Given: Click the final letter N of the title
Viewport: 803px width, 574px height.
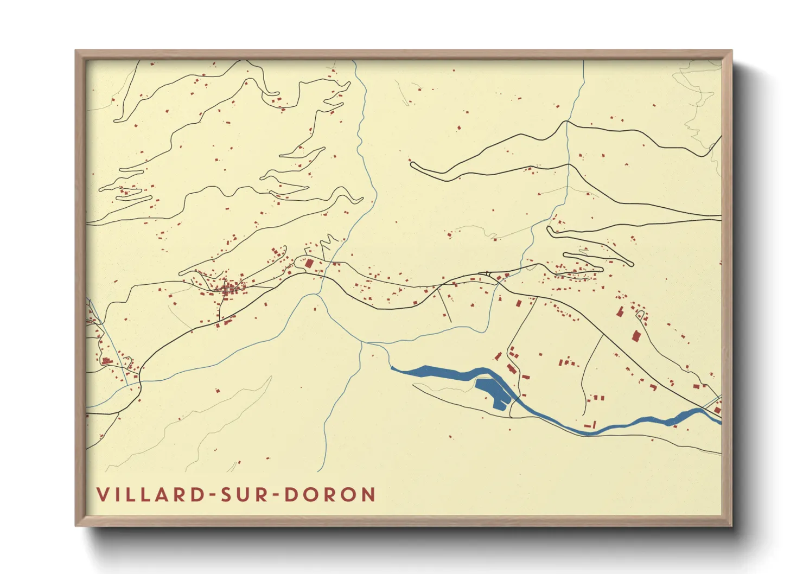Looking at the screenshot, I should pyautogui.click(x=368, y=495).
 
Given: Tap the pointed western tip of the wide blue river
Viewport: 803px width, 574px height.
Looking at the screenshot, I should pyautogui.click(x=392, y=368).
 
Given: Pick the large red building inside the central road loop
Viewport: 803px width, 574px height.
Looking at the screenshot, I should pyautogui.click(x=309, y=264).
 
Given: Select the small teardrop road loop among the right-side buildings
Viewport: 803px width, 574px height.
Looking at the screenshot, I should pyautogui.click(x=640, y=314).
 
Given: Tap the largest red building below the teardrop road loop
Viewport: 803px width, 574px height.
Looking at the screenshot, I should pyautogui.click(x=636, y=336).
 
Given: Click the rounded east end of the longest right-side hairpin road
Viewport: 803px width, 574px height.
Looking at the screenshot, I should pyautogui.click(x=631, y=264).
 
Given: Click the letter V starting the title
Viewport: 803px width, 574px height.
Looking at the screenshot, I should pyautogui.click(x=101, y=495).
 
